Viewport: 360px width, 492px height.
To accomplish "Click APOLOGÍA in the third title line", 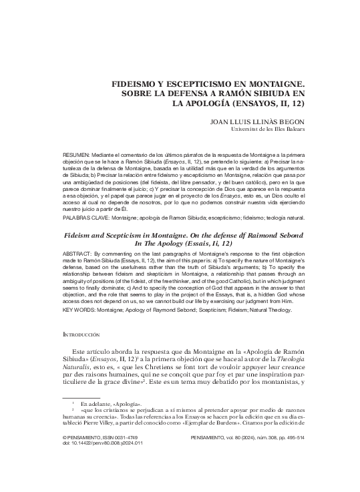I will tap(218, 105).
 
